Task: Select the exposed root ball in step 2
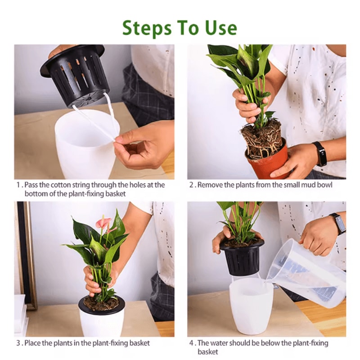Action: [x=261, y=139]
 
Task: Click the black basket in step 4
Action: [x=243, y=259]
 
